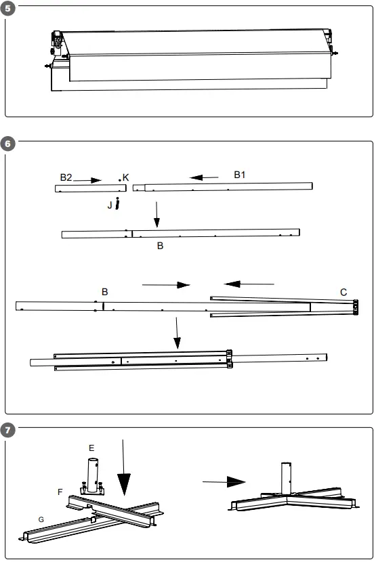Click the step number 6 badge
pyautogui.click(x=7, y=144)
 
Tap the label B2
pyautogui.click(x=65, y=177)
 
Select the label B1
pyautogui.click(x=241, y=174)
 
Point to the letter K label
pyautogui.click(x=126, y=177)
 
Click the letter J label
pyautogui.click(x=110, y=204)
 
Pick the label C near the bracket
pyautogui.click(x=344, y=293)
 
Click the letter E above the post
pyautogui.click(x=91, y=448)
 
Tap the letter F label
pyautogui.click(x=60, y=491)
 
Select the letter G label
pyautogui.click(x=41, y=519)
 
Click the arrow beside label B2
pyautogui.click(x=87, y=180)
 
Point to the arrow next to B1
pyautogui.click(x=204, y=178)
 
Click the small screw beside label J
pyautogui.click(x=118, y=202)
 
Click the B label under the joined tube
pyautogui.click(x=160, y=246)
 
